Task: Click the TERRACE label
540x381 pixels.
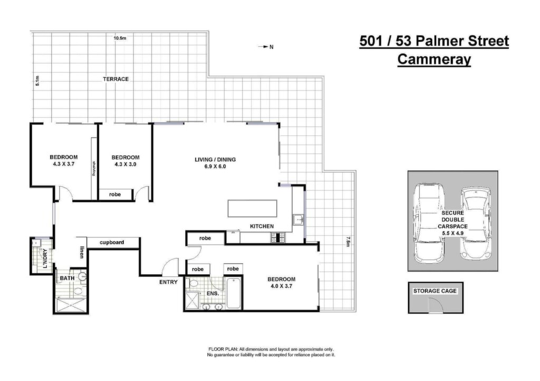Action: coord(115,79)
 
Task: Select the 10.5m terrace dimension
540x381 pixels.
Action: coord(120,38)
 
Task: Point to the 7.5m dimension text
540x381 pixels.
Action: coord(348,242)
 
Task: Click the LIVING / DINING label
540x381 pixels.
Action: coord(215,159)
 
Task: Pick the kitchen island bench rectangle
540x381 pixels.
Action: coord(253,208)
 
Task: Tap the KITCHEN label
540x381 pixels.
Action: coord(262,226)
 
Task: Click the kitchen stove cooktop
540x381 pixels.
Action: coord(277,237)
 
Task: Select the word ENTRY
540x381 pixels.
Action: coord(168,282)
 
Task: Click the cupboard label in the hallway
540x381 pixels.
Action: coord(112,242)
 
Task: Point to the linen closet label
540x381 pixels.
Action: coord(82,252)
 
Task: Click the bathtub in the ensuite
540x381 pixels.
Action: coord(234,294)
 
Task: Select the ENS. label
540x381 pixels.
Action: coord(213,294)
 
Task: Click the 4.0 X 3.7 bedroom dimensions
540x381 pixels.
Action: coord(282,286)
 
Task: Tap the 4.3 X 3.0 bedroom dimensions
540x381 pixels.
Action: coord(126,164)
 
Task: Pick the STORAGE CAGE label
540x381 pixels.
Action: coord(435,291)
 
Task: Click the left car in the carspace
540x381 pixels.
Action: coord(429,224)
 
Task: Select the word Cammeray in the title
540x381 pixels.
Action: coord(434,59)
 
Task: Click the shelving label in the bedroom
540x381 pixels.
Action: coord(93,168)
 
